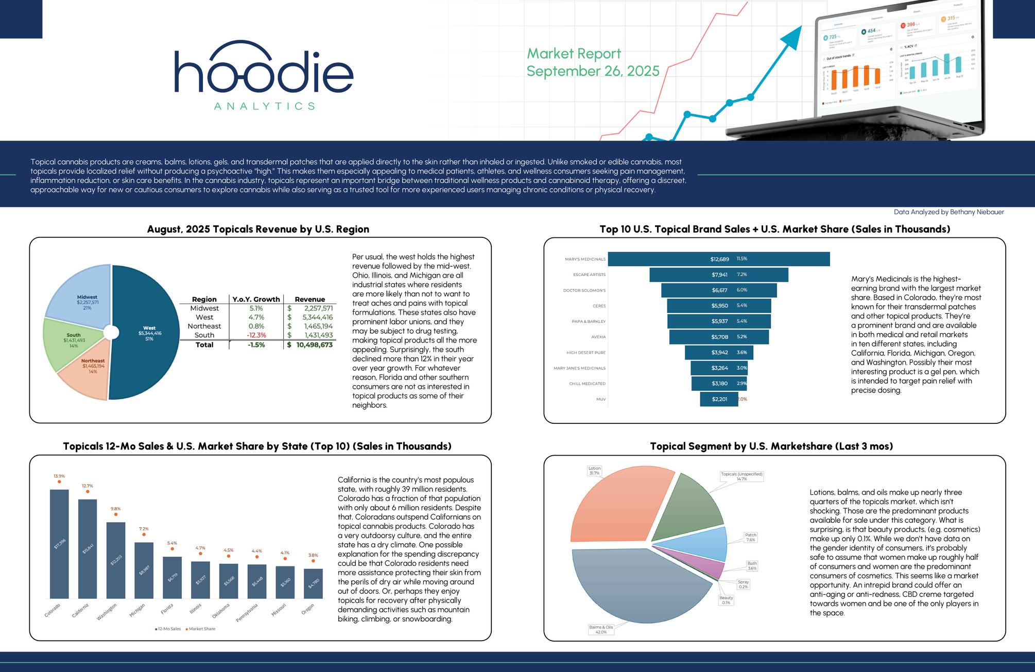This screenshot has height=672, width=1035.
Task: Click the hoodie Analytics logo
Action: pyautogui.click(x=264, y=75)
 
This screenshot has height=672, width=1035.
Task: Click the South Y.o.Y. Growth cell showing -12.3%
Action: pyautogui.click(x=256, y=335)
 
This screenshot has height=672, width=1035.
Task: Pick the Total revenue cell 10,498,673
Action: pyautogui.click(x=314, y=345)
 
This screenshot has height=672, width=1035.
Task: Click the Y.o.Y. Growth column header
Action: pyautogui.click(x=256, y=299)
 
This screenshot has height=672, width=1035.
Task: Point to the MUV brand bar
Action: pyautogui.click(x=719, y=399)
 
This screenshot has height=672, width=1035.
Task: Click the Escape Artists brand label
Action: pyautogui.click(x=589, y=275)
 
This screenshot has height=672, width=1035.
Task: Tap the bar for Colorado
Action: pyautogui.click(x=59, y=544)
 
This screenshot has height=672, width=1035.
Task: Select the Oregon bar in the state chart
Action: pyautogui.click(x=313, y=583)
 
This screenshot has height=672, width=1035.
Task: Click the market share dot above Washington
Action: pyautogui.click(x=116, y=514)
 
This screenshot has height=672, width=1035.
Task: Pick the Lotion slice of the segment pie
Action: pyautogui.click(x=618, y=510)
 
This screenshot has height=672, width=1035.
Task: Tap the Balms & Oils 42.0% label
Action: pyautogui.click(x=600, y=629)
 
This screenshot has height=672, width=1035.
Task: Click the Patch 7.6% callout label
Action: pyautogui.click(x=751, y=538)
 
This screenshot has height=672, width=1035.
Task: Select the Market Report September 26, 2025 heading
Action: pyautogui.click(x=592, y=62)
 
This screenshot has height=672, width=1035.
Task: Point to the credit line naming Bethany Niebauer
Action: pyautogui.click(x=948, y=212)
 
